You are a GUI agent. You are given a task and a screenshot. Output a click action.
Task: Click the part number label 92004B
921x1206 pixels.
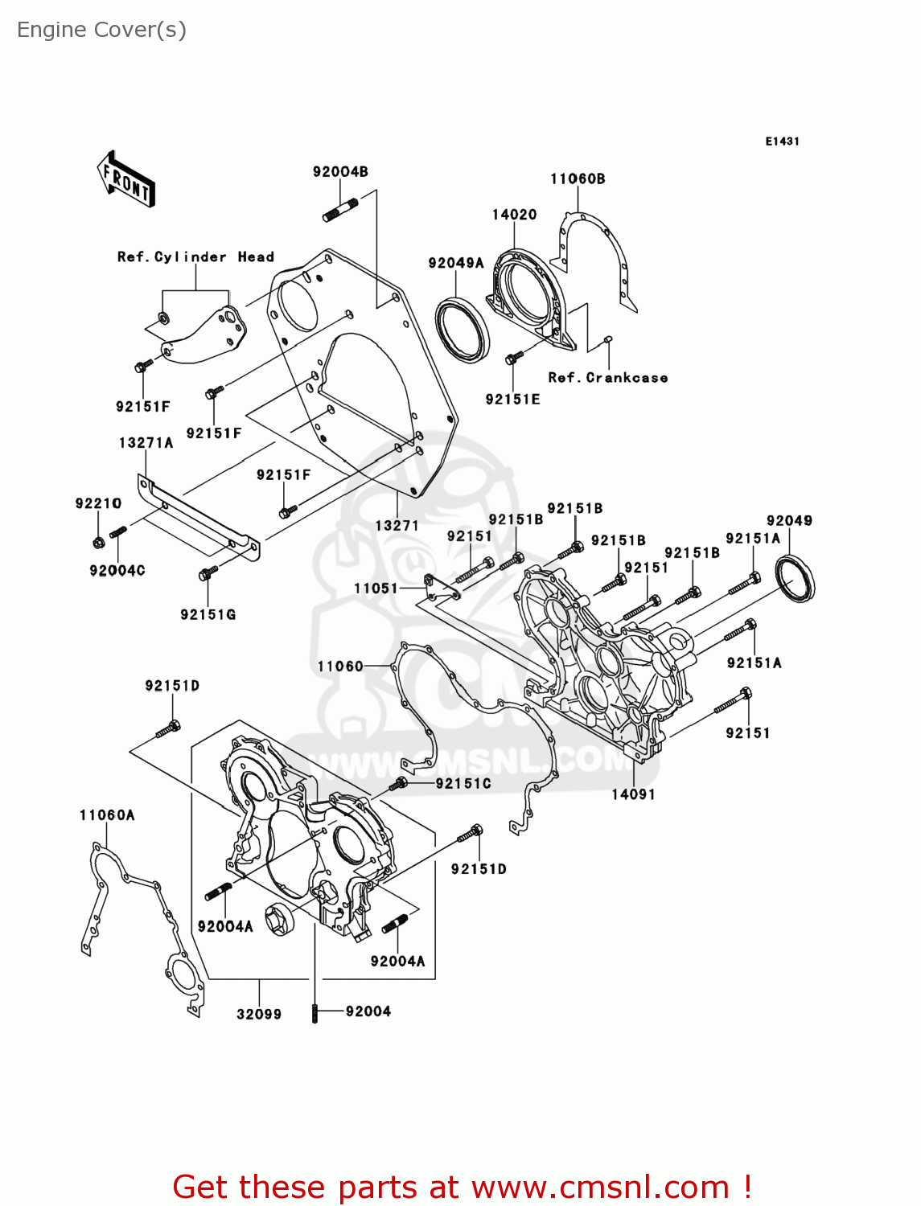[x=340, y=171]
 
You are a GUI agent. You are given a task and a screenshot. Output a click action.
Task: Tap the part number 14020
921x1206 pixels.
[x=514, y=215]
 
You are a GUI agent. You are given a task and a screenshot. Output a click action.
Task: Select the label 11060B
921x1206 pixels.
[x=578, y=178]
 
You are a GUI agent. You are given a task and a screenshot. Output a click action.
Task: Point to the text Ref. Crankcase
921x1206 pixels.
[x=607, y=377]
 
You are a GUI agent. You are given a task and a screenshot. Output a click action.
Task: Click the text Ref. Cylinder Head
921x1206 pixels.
[x=195, y=256]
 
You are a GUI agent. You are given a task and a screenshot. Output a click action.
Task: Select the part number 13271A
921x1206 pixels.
[x=146, y=442]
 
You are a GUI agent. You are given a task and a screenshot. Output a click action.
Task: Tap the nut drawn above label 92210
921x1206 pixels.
[x=98, y=542]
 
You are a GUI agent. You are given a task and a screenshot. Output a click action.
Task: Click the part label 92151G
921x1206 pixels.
[x=208, y=614]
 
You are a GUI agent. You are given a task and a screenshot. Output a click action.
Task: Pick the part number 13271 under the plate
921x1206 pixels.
[x=397, y=525]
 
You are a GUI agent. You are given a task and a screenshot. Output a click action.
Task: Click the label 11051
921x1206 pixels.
[x=376, y=588]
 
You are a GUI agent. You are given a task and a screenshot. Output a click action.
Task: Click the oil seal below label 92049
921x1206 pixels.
[x=795, y=578]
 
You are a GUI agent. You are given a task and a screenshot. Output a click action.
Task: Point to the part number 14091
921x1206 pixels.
[x=633, y=794]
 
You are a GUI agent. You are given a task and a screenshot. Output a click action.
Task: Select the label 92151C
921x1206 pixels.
[x=463, y=783]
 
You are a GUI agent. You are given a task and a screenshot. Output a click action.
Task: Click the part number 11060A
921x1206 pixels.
[x=107, y=814]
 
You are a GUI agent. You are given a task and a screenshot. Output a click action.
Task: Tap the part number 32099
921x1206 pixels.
[x=259, y=1014]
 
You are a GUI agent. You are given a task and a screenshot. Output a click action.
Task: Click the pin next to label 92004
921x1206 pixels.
[x=315, y=1013]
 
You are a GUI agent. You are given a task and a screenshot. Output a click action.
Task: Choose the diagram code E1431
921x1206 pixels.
[x=782, y=142]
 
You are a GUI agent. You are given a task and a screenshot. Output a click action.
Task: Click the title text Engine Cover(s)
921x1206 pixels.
[x=101, y=30]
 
